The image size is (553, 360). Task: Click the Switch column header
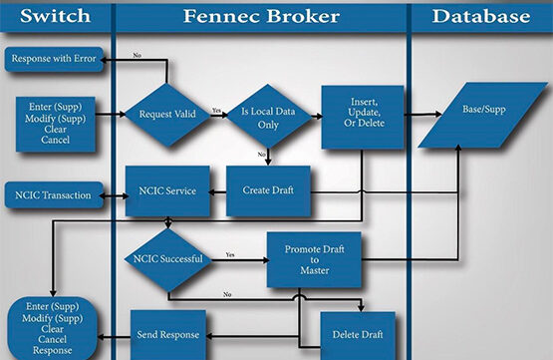tap(55, 17)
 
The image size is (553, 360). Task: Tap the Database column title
tap(481, 17)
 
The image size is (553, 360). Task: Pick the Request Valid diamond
tap(167, 115)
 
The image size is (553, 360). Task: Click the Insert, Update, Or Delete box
tap(363, 116)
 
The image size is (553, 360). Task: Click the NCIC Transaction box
tap(56, 194)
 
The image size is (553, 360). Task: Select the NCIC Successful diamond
tap(167, 259)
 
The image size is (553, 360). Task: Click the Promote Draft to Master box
tap(314, 259)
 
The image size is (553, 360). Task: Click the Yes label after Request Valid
tap(216, 110)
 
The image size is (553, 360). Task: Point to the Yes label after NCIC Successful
tap(229, 254)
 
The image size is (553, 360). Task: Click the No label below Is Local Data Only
tap(262, 155)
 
